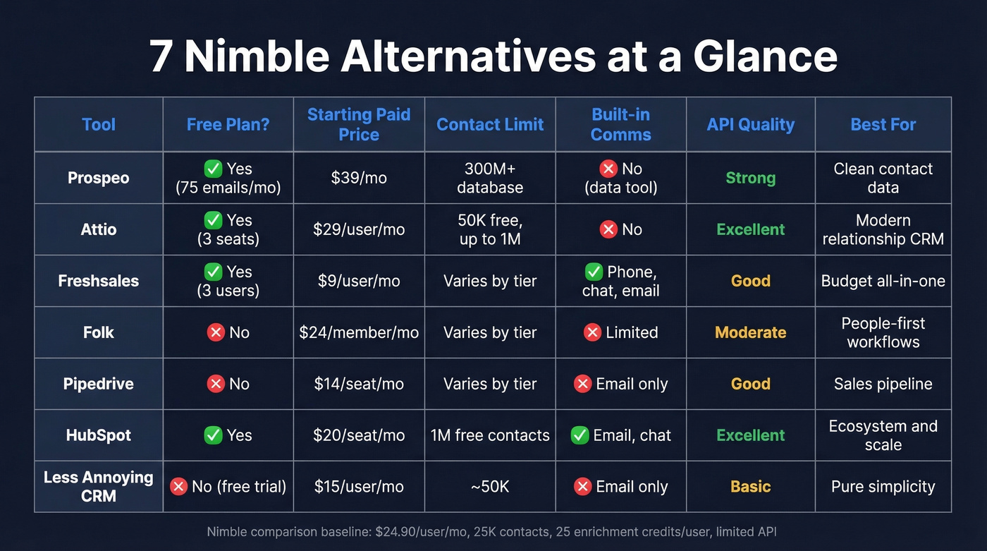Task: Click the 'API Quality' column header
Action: [750, 125]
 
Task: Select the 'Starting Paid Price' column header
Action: [359, 125]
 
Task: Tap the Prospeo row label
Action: [99, 178]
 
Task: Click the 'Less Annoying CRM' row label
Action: [99, 486]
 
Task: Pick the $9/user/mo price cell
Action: [359, 281]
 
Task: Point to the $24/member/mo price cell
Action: [359, 332]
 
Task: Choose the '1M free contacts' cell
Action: [490, 435]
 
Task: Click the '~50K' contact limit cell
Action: [490, 486]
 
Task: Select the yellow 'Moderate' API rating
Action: [750, 332]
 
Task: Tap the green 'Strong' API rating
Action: [750, 178]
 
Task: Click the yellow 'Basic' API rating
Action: [750, 486]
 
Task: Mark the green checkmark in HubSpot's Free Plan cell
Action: [213, 435]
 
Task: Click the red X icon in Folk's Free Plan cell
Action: [216, 332]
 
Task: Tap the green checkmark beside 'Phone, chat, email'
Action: [594, 272]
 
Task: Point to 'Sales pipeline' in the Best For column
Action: [883, 384]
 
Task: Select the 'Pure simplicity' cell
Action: [883, 486]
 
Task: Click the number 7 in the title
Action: [161, 57]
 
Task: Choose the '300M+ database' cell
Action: [490, 178]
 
